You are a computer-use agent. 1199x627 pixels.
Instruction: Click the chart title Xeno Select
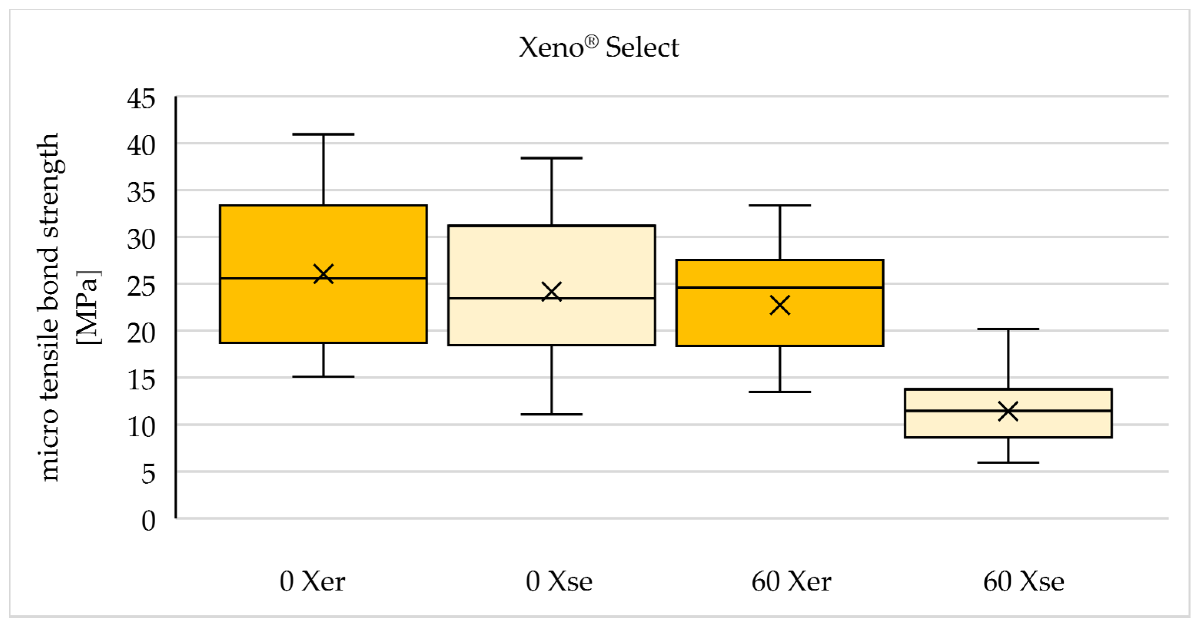click(599, 48)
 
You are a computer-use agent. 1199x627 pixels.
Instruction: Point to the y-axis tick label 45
click(141, 99)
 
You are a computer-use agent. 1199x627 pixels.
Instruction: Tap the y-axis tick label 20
click(141, 333)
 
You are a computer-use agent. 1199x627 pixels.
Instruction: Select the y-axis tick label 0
click(148, 521)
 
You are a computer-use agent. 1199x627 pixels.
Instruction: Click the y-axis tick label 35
click(141, 193)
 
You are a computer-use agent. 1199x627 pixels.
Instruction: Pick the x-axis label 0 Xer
click(312, 581)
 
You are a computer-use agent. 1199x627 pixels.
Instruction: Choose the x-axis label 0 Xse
click(559, 581)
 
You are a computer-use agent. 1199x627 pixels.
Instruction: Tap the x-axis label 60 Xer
click(791, 581)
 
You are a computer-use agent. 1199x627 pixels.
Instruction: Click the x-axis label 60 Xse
click(1024, 581)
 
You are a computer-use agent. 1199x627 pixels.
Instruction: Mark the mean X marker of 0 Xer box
click(324, 274)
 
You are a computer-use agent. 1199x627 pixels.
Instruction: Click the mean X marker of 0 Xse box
click(552, 292)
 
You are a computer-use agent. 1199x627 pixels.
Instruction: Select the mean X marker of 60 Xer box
click(780, 305)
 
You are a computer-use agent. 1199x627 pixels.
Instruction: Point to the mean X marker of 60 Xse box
click(1008, 411)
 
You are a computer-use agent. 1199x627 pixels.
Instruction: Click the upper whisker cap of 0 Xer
click(324, 134)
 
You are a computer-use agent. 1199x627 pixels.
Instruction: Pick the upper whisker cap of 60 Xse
click(1008, 329)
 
